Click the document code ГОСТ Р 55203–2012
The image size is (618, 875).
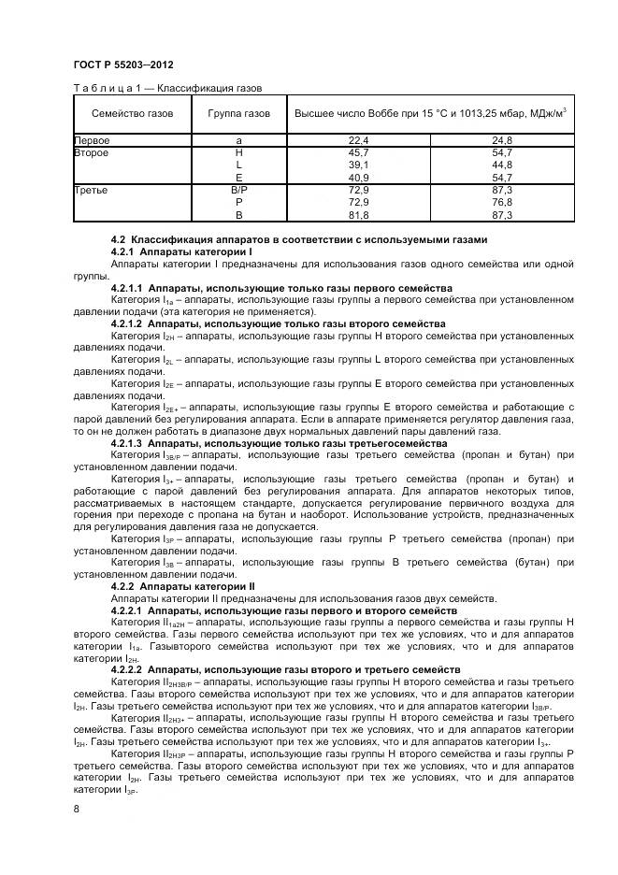122,65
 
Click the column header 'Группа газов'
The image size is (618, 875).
239,114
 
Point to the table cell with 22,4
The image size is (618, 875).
359,139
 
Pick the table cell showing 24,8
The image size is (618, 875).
502,139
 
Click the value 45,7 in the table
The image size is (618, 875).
359,151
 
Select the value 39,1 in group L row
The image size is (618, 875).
359,164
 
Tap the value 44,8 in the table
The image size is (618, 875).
502,164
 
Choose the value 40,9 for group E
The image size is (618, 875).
359,177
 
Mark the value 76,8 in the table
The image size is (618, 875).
502,202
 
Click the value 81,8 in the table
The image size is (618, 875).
359,214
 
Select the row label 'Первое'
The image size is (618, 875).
93,139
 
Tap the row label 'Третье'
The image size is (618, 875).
92,190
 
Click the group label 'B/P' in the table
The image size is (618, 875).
239,190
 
